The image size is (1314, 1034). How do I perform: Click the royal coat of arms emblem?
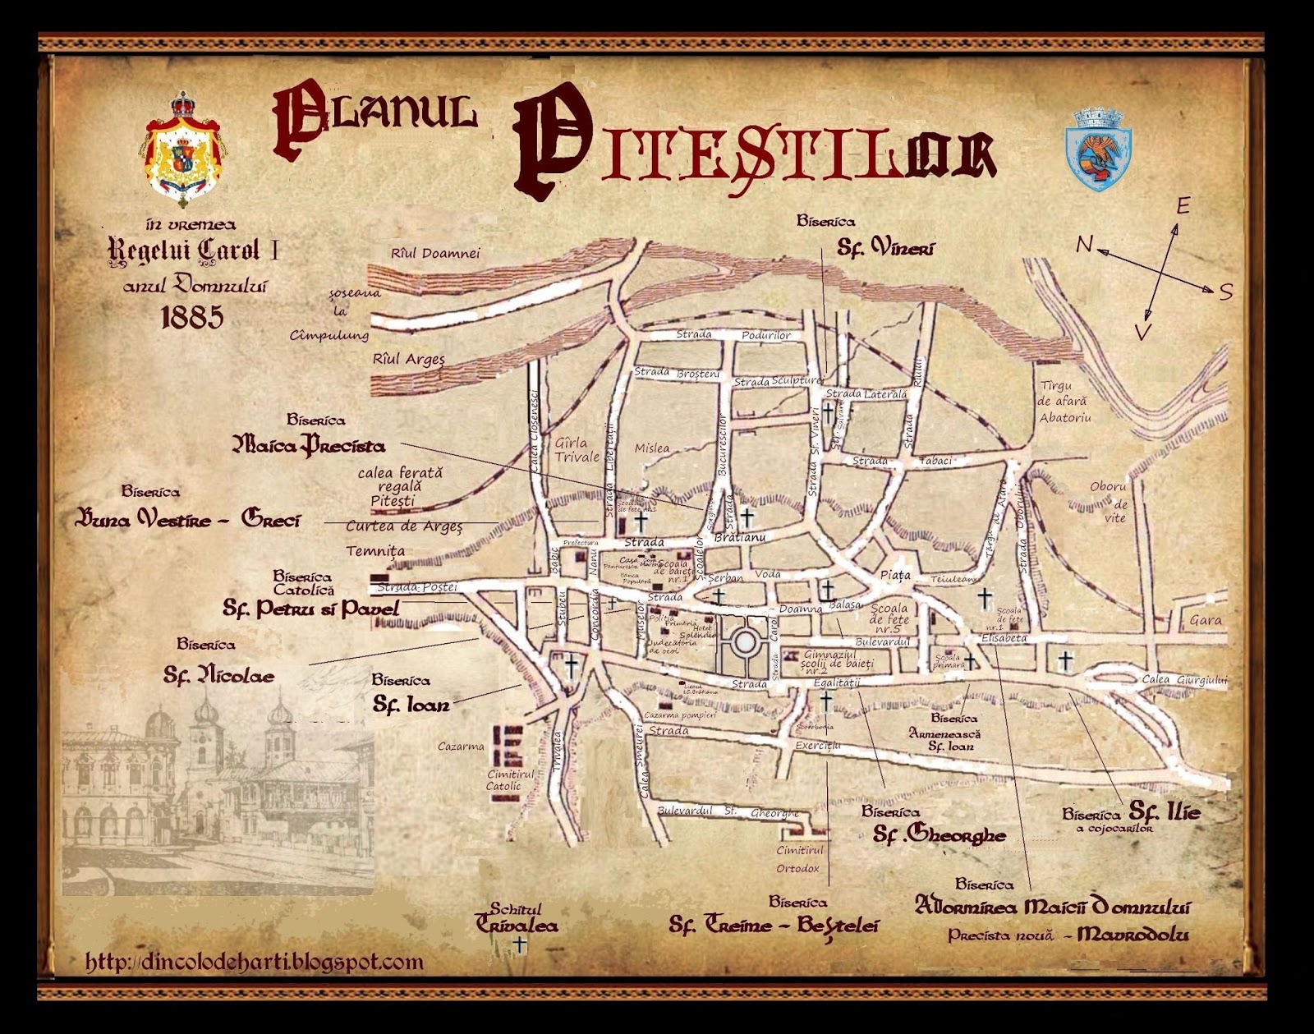(x=184, y=150)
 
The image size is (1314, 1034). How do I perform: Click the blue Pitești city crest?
(x=1098, y=149)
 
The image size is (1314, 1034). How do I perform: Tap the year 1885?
(x=192, y=316)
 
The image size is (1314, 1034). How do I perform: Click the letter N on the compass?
(x=1085, y=244)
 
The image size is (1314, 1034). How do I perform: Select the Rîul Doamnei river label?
(x=435, y=254)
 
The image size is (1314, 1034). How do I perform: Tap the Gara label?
(x=1206, y=621)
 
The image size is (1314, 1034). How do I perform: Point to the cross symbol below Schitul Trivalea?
(x=519, y=946)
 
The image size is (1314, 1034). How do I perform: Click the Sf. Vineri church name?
(x=885, y=246)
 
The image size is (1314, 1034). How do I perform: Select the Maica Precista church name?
(x=309, y=446)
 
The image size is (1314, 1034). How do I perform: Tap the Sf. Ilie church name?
(x=1165, y=812)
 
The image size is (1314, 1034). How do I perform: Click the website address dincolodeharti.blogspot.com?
(x=255, y=962)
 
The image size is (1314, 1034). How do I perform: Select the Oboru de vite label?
(x=1109, y=501)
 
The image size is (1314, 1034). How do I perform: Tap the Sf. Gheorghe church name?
(x=940, y=835)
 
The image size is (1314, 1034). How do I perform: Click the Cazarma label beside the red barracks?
(x=461, y=747)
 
